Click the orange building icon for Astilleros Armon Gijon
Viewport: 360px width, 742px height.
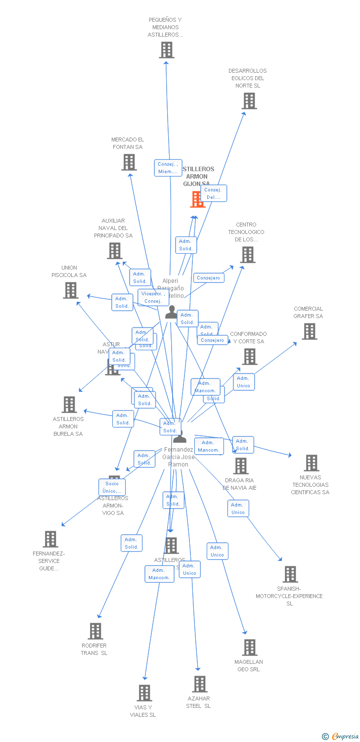click(197, 199)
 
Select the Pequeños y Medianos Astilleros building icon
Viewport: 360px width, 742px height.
click(167, 50)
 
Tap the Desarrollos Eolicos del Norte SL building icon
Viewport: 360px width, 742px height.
click(249, 101)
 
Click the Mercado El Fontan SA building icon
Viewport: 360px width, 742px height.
click(129, 162)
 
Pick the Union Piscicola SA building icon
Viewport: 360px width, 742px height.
click(71, 290)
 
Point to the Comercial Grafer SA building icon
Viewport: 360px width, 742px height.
click(310, 331)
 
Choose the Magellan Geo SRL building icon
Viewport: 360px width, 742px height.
click(250, 648)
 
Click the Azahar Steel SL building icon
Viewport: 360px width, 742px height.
click(199, 684)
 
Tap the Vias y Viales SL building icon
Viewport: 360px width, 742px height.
click(144, 693)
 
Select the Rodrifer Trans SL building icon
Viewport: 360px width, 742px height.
click(95, 631)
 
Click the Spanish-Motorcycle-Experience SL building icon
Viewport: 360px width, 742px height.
click(290, 574)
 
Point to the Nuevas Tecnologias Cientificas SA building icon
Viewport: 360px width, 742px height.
click(311, 463)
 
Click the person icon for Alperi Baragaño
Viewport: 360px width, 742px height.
click(171, 312)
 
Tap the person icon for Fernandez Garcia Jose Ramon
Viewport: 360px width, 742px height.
click(180, 437)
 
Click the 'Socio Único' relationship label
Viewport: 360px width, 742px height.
click(112, 487)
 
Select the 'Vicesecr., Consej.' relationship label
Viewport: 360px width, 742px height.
click(153, 297)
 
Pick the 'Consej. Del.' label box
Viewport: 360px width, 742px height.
click(214, 193)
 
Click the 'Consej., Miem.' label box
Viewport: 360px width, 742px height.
click(168, 168)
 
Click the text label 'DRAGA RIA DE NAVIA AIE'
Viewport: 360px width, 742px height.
click(239, 484)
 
